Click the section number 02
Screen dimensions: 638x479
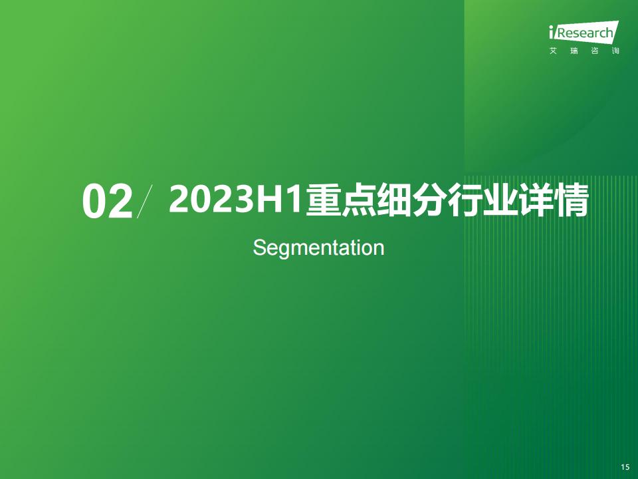(108, 202)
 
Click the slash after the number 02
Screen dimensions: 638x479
(144, 201)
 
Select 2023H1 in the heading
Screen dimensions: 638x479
(236, 199)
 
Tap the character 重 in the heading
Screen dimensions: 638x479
(323, 200)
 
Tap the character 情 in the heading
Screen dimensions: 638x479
(570, 200)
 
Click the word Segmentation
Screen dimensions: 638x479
(318, 248)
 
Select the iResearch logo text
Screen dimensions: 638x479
(584, 32)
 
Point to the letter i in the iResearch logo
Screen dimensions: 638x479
(552, 32)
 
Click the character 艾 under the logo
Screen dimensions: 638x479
(553, 51)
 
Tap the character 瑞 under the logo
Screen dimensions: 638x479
(574, 51)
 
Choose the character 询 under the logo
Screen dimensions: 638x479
(615, 51)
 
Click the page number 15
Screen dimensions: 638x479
(625, 467)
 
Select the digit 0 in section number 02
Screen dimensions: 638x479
(94, 202)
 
